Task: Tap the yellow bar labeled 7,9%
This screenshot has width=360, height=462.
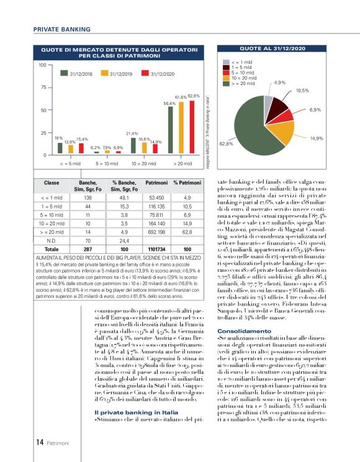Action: (106, 153)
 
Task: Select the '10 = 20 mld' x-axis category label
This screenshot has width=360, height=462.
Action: (143, 165)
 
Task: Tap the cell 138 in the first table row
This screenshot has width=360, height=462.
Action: (88, 196)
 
